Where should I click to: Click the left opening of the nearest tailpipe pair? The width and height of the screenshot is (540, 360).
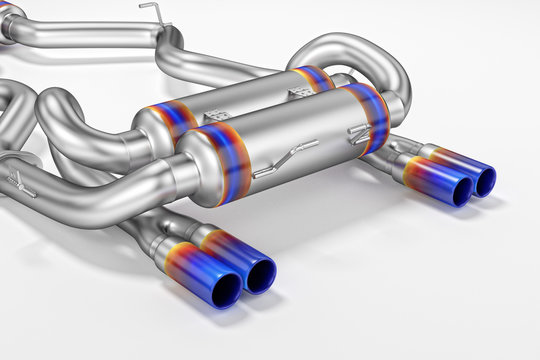[225, 289]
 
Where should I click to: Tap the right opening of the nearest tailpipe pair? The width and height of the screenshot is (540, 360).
[260, 273]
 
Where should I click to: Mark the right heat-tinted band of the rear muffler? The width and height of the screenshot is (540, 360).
[312, 77]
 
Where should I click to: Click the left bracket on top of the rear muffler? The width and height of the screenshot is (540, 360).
[215, 103]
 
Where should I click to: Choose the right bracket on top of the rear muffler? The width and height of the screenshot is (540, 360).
[299, 91]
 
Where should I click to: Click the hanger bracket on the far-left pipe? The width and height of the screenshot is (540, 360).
[20, 182]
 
